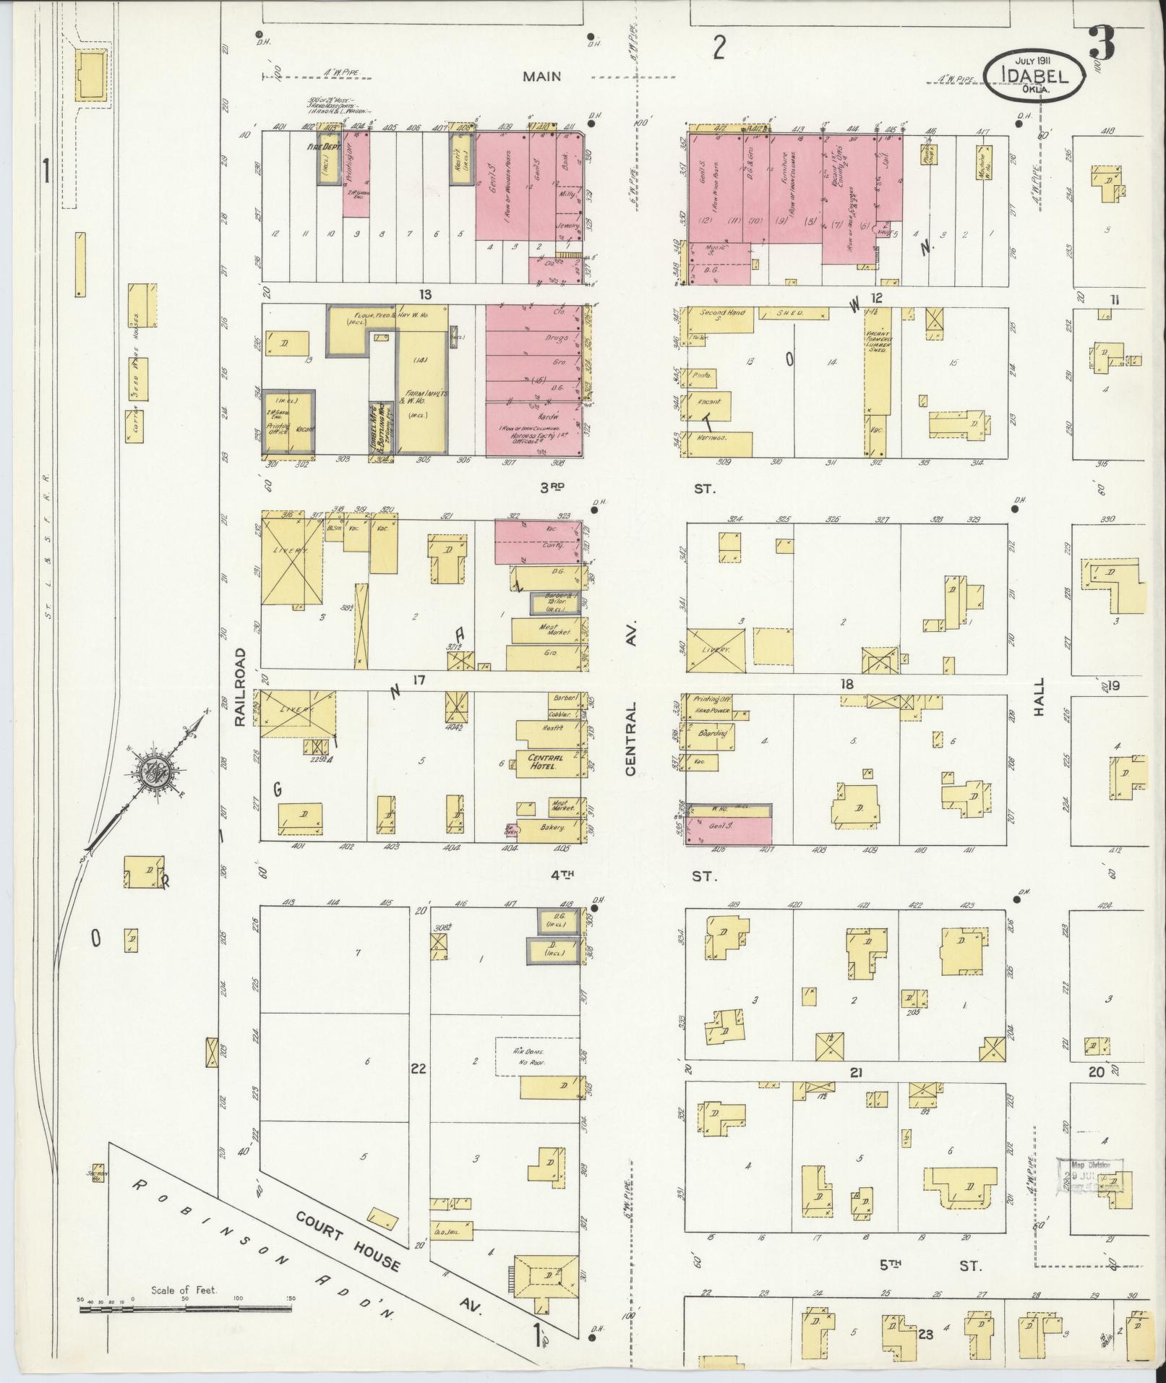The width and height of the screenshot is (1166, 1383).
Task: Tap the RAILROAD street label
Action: pyautogui.click(x=240, y=686)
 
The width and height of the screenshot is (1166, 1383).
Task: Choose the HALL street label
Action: pyautogui.click(x=1039, y=697)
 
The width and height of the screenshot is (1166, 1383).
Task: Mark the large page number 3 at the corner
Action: pyautogui.click(x=1101, y=45)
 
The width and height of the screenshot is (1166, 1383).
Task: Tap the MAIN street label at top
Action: pyautogui.click(x=542, y=76)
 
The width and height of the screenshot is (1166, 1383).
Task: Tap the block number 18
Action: pyautogui.click(x=847, y=684)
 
